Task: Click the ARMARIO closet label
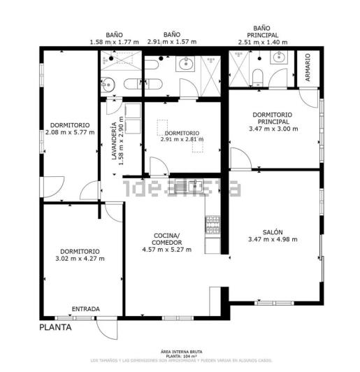(x=308, y=68)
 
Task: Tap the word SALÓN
(x=272, y=232)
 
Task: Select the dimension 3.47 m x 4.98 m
(x=272, y=240)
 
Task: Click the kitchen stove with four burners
(x=213, y=224)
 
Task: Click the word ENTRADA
(x=86, y=308)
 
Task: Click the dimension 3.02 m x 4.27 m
(x=80, y=259)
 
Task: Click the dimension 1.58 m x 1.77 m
(x=115, y=42)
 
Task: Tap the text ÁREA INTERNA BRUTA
(x=180, y=352)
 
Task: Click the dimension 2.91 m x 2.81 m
(x=182, y=139)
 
